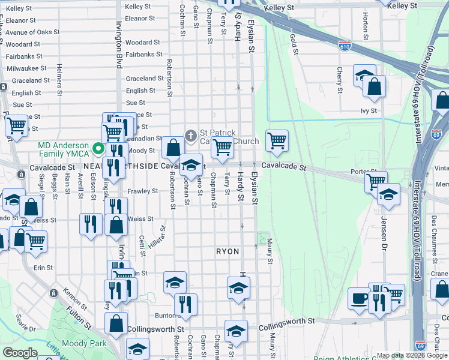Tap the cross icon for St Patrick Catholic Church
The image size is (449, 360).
(x=191, y=134)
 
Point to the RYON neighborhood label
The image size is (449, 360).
(x=228, y=251)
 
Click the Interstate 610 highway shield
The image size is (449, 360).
(x=345, y=46)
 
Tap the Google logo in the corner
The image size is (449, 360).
(x=20, y=353)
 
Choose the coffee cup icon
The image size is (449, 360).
(x=360, y=298)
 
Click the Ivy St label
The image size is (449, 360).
(x=369, y=111)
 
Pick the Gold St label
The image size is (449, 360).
(x=294, y=43)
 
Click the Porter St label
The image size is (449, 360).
(x=359, y=172)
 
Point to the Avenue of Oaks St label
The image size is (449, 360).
(x=32, y=32)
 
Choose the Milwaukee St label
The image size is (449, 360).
(x=27, y=68)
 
